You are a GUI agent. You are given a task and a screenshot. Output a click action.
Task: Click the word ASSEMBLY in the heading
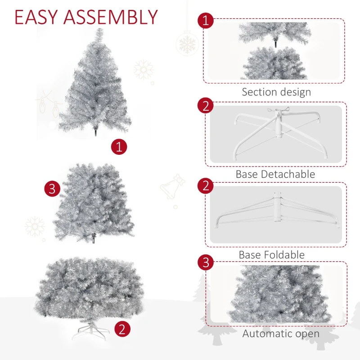tap(111, 17)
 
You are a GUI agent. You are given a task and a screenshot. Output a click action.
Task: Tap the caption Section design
tap(276, 92)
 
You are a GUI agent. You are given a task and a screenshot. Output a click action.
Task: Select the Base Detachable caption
tap(275, 174)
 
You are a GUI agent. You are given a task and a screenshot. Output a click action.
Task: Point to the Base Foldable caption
tap(271, 255)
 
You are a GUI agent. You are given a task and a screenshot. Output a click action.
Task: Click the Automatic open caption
tap(281, 333)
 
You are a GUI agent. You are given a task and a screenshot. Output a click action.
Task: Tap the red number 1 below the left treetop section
tap(119, 147)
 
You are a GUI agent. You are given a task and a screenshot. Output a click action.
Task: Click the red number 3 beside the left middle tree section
tap(52, 189)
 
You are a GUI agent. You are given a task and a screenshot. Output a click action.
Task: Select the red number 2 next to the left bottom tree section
tap(122, 329)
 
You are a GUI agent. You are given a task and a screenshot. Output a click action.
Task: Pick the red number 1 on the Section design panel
tap(206, 21)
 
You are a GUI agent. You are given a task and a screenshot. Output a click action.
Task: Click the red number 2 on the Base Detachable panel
tap(206, 106)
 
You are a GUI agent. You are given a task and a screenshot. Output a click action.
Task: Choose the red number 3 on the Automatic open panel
tap(206, 262)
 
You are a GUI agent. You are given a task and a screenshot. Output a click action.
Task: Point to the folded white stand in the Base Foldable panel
tap(276, 212)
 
